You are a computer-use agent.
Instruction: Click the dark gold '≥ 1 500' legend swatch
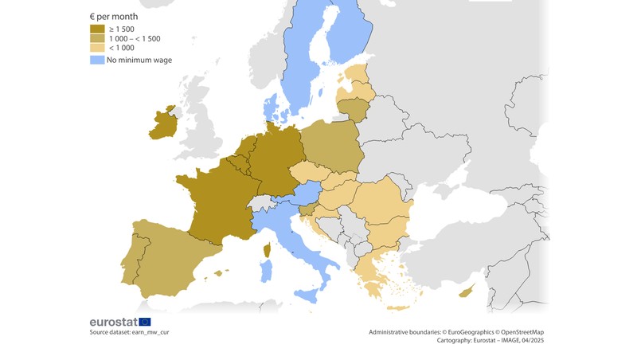pyautogui.click(x=96, y=29)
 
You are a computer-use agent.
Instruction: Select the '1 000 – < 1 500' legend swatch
pyautogui.click(x=96, y=38)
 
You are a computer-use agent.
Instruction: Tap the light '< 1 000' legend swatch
pyautogui.click(x=96, y=48)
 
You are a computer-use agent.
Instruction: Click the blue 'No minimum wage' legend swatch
pyautogui.click(x=96, y=60)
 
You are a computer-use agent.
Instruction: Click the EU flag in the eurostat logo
pyautogui.click(x=144, y=322)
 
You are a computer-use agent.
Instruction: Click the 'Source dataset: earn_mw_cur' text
pyautogui.click(x=129, y=332)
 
